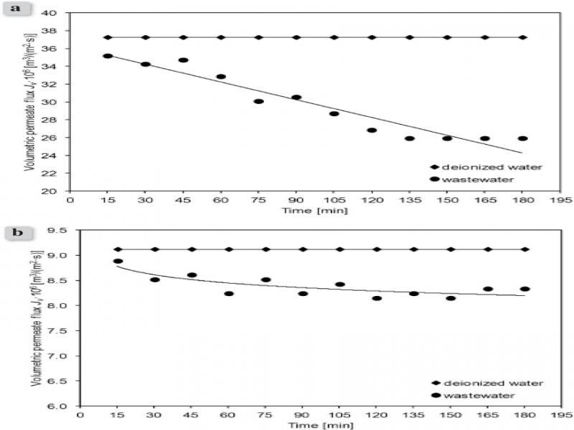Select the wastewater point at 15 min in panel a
pyautogui.click(x=108, y=56)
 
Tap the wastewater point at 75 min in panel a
pyautogui.click(x=258, y=101)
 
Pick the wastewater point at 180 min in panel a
pyautogui.click(x=522, y=138)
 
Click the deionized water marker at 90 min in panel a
pyautogui.click(x=296, y=37)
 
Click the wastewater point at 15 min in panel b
pyautogui.click(x=118, y=262)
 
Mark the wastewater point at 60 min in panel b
pyautogui.click(x=229, y=293)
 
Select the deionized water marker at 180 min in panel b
pyautogui.click(x=525, y=249)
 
